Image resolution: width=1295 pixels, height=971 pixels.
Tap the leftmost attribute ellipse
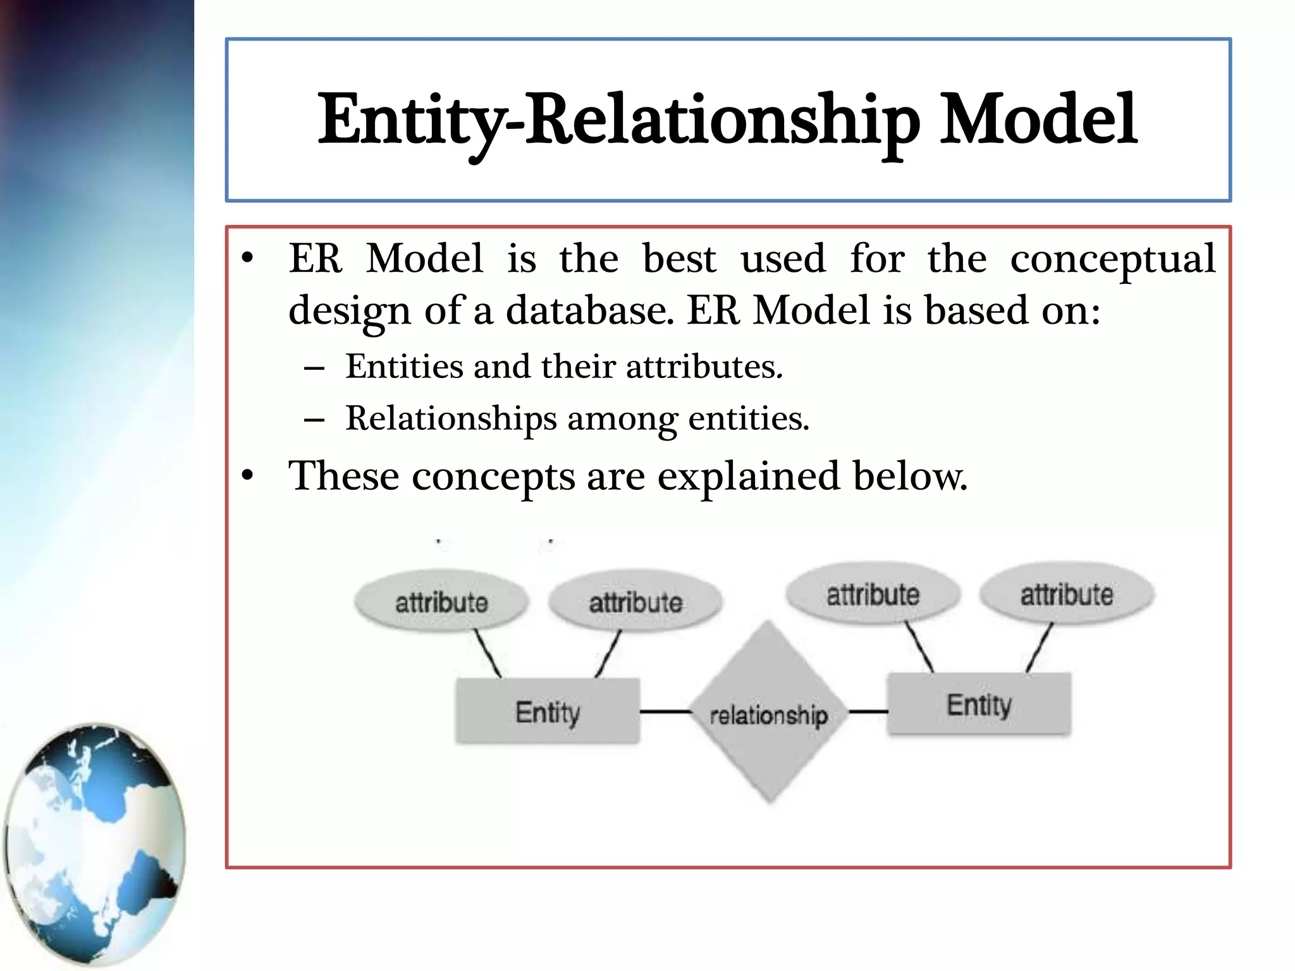point(441,601)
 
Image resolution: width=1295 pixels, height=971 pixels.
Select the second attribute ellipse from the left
point(635,601)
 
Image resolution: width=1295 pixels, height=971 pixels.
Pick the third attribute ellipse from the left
point(873,594)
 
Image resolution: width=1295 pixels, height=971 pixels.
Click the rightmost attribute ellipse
point(1067,594)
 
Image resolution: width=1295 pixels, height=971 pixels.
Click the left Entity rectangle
point(548,712)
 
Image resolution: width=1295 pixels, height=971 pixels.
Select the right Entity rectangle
point(979,704)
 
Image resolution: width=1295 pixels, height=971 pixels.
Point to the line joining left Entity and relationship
point(665,712)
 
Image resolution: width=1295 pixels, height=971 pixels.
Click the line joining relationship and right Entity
point(868,712)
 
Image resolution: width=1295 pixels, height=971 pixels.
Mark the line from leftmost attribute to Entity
point(488,654)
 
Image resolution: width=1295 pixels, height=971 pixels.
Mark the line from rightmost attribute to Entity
point(1040,647)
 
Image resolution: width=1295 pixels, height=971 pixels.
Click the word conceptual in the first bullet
point(1112,259)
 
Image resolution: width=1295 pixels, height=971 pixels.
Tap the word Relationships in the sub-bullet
point(451,418)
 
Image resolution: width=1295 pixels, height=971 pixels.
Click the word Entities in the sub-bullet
point(404,367)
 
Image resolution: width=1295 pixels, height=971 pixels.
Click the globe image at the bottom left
point(95,844)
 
